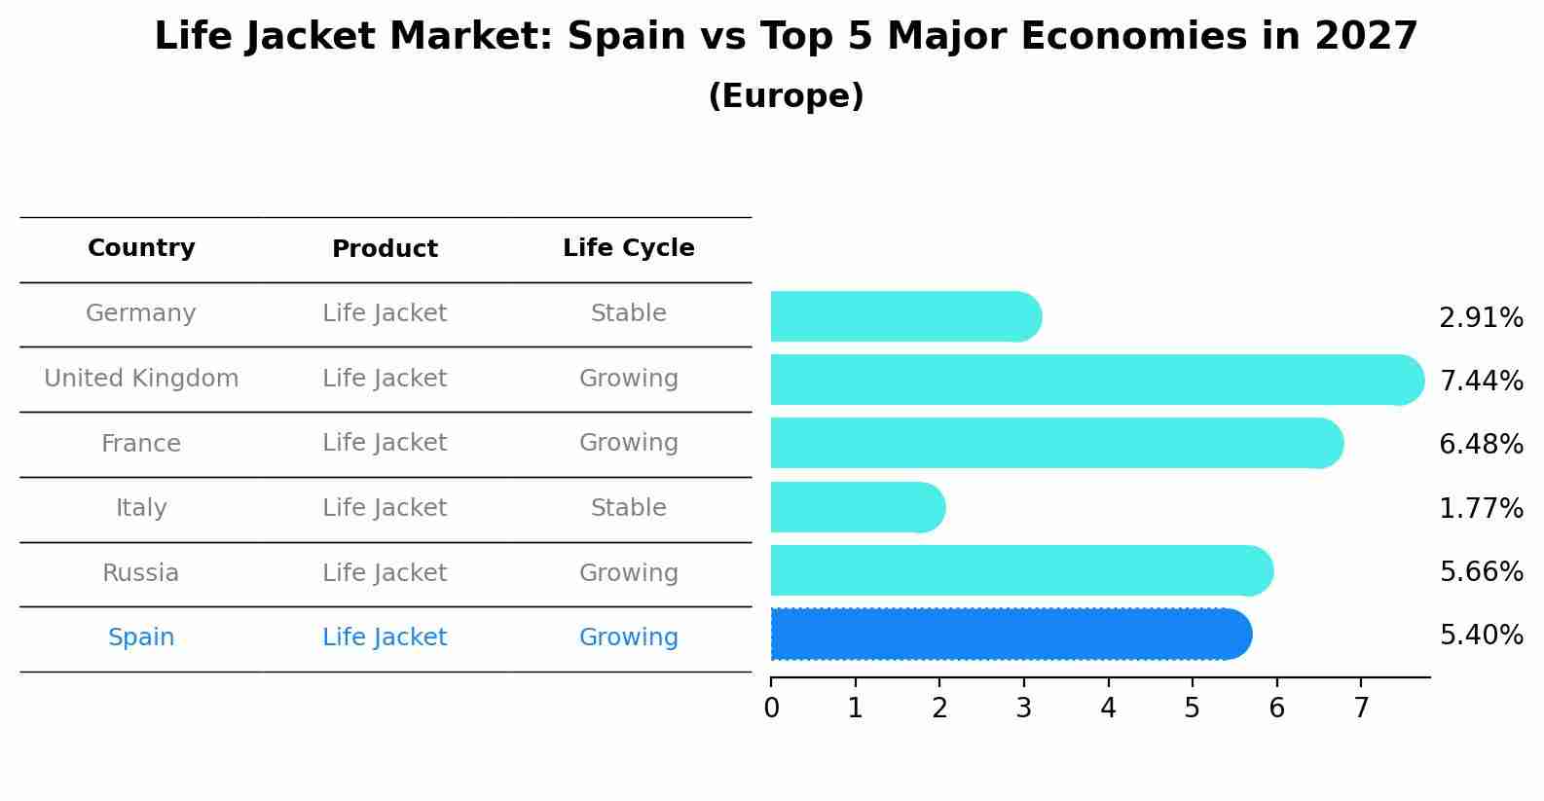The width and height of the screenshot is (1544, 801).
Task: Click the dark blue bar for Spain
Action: pos(1011,635)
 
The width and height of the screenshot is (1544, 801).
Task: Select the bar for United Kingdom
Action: pos(1096,380)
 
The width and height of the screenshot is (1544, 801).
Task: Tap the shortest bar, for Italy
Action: pos(857,507)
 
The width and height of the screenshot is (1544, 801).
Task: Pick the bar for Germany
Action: pos(905,316)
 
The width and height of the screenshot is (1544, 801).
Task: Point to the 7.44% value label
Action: pos(1481,381)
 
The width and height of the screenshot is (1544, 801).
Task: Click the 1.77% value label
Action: pos(1481,508)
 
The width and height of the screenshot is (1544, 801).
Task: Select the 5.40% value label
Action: pos(1481,636)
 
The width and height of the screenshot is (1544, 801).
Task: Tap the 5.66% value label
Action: pos(1481,571)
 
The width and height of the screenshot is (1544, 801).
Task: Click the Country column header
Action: pos(141,248)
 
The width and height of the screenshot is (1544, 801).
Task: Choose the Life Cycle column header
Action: pos(628,248)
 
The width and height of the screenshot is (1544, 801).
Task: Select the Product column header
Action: pos(385,249)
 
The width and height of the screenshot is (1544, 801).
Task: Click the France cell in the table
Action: pos(141,444)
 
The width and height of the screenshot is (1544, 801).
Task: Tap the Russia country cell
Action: pos(141,573)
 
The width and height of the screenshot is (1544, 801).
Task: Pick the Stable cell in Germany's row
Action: pos(628,313)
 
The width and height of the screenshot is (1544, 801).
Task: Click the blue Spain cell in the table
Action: pos(141,637)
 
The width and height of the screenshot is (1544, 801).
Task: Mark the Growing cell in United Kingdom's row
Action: pos(628,379)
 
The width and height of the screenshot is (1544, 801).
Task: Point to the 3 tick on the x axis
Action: pos(1023,708)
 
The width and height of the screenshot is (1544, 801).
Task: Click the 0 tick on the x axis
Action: pos(771,708)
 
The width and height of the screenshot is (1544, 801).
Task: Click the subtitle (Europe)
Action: pos(786,96)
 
